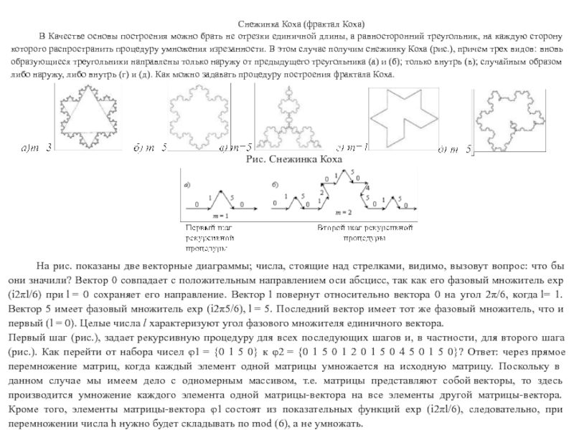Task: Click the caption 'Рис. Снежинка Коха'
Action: click(x=294, y=158)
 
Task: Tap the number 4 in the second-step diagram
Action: click(x=369, y=187)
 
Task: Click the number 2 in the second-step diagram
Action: click(x=323, y=192)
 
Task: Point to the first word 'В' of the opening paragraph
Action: click(x=42, y=36)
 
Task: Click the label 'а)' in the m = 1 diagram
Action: click(x=187, y=184)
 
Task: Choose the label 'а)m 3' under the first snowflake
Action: click(x=37, y=149)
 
